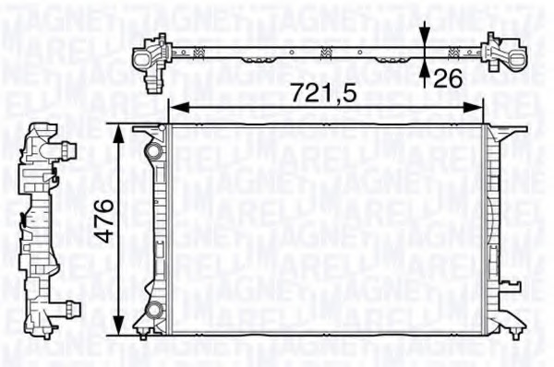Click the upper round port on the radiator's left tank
tap(153, 146)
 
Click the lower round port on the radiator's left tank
tap(154, 308)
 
